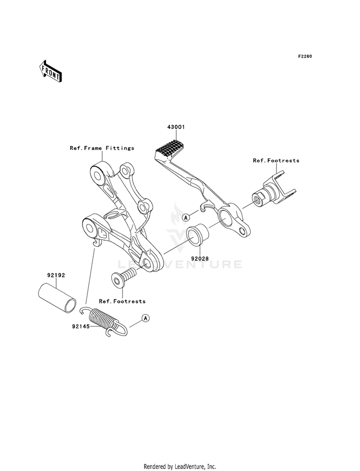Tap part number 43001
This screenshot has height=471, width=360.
click(176, 127)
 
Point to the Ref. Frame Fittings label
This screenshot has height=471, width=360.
click(102, 148)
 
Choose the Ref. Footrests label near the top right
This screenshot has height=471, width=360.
click(276, 160)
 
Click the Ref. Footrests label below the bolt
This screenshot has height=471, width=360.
click(122, 301)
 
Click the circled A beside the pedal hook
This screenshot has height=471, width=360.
click(185, 217)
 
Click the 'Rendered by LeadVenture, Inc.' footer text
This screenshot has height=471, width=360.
click(180, 466)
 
